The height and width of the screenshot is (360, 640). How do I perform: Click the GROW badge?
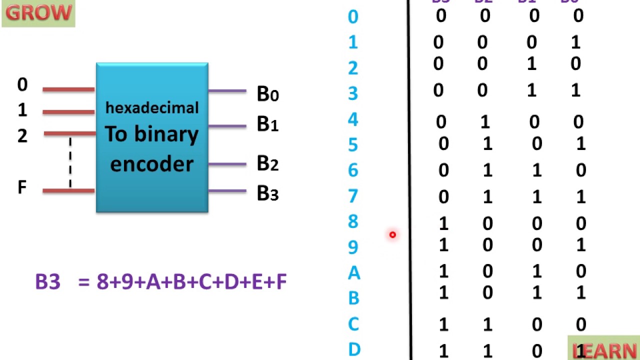click(38, 13)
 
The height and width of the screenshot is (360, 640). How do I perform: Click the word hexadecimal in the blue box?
click(152, 108)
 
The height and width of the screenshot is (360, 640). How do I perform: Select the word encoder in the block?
click(151, 164)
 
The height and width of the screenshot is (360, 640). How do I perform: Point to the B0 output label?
click(267, 94)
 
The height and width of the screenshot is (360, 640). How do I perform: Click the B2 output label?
click(267, 163)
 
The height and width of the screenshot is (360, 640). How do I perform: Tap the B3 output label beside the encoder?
click(267, 193)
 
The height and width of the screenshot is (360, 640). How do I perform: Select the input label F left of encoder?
click(22, 188)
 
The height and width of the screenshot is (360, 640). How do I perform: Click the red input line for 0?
click(68, 89)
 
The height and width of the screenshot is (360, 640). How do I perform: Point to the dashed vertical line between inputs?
click(70, 162)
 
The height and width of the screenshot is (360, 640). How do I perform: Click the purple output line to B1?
click(227, 126)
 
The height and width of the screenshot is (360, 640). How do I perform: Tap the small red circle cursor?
click(392, 234)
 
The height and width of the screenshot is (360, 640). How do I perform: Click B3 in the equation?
click(48, 282)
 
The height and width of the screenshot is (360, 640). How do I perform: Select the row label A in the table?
click(353, 273)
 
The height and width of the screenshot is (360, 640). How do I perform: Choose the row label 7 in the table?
click(353, 195)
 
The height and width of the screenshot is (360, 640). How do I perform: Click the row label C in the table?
click(353, 324)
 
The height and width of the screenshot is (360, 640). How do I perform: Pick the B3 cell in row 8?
click(443, 223)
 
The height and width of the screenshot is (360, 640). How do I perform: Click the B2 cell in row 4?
click(485, 121)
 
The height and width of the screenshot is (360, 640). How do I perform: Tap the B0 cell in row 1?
click(575, 42)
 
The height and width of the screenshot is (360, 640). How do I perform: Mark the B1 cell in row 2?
click(531, 64)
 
